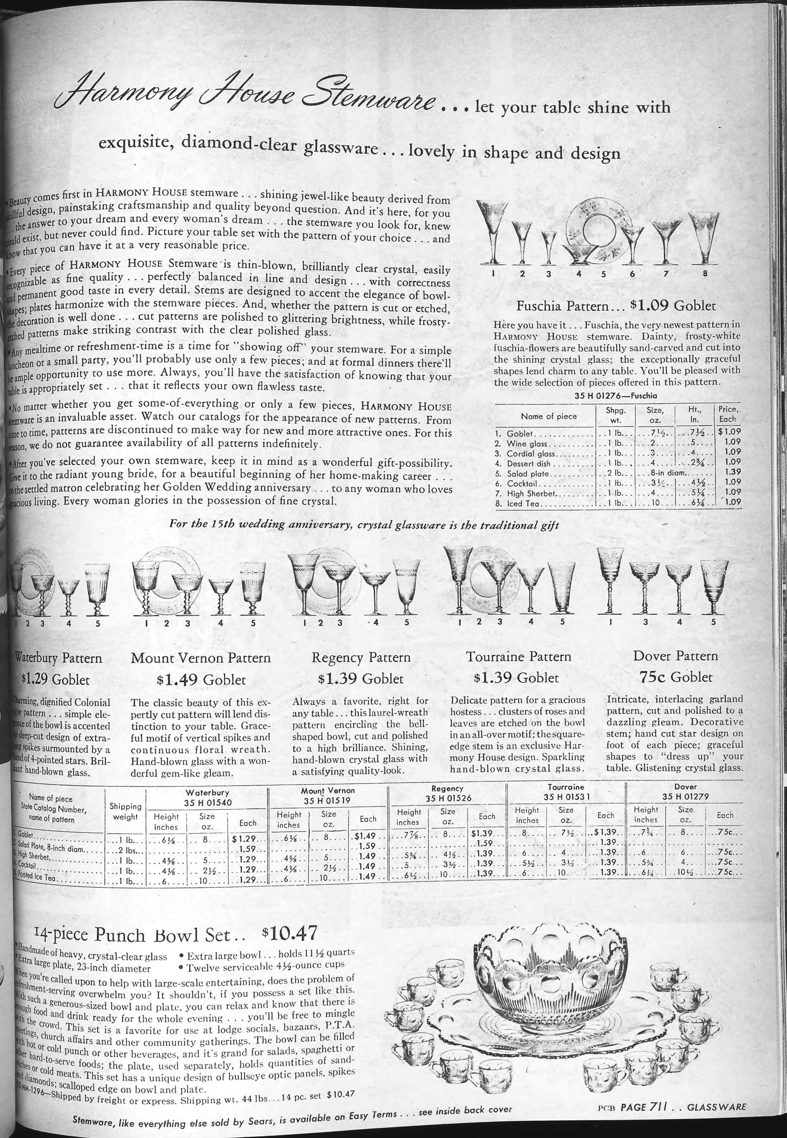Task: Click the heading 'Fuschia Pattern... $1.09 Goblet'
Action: point(615,306)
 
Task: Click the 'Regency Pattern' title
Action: point(361,657)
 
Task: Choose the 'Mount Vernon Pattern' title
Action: point(201,658)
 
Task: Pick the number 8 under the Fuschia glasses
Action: point(705,273)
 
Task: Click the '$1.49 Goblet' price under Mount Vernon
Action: point(201,680)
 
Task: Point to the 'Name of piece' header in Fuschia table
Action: point(549,416)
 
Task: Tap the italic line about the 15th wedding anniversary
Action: point(364,525)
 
